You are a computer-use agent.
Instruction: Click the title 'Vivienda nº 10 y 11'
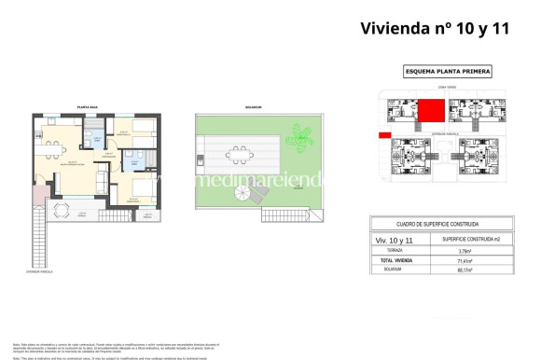[436, 28]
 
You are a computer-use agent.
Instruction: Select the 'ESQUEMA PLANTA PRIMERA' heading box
[448, 72]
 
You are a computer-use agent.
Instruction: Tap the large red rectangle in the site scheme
[430, 112]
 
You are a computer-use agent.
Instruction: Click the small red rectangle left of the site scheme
[383, 136]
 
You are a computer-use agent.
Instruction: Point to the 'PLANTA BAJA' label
[89, 108]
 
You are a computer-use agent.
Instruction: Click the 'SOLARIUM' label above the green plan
[253, 108]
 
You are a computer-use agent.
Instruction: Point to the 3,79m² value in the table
[465, 251]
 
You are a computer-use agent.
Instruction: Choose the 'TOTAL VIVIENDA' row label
[395, 261]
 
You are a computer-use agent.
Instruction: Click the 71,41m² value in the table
[465, 261]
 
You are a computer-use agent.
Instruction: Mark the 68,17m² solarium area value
[465, 271]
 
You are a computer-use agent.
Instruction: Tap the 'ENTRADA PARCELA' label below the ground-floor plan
[39, 272]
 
